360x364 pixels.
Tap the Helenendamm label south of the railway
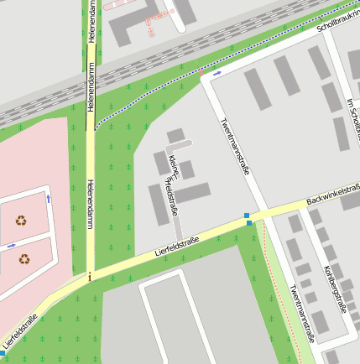click(90, 204)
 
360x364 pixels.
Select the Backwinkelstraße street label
click(333, 195)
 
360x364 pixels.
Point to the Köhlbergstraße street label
click(334, 289)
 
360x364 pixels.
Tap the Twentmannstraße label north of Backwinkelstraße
click(234, 146)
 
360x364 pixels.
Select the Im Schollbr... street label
click(352, 117)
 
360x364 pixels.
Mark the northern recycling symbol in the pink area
click(20, 221)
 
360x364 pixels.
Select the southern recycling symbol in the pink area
click(23, 259)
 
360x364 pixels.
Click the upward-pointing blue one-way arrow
click(48, 199)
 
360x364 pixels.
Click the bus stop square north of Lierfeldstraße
click(247, 216)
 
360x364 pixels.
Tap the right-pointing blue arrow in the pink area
click(11, 245)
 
